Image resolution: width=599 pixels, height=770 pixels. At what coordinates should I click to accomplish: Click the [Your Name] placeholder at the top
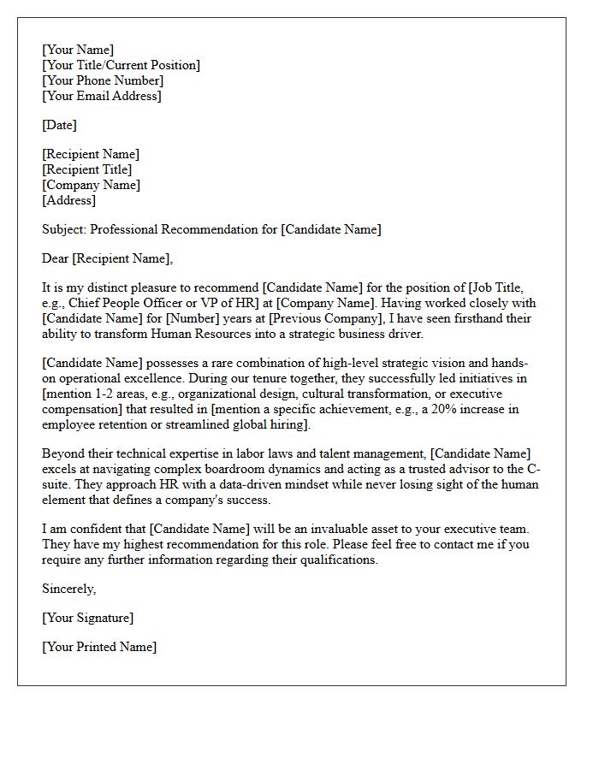pos(78,50)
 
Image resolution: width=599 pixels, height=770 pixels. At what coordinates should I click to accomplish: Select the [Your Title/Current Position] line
pos(121,65)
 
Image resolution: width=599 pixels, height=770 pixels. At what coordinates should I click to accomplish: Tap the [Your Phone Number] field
pos(103,80)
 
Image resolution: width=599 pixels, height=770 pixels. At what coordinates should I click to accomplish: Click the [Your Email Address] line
pos(101,96)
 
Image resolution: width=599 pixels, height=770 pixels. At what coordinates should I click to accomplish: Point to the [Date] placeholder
pos(59,125)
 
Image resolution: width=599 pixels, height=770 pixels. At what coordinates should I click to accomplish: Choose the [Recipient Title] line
pos(86,169)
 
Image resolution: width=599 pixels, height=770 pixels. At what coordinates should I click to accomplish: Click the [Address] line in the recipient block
pos(68,200)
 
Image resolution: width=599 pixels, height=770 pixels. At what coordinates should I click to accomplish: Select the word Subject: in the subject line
pos(64,229)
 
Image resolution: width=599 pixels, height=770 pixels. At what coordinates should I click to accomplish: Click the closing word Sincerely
pos(68,589)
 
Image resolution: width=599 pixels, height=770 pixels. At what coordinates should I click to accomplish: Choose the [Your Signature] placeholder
pos(87,618)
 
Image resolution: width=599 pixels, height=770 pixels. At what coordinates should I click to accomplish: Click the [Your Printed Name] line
pos(99,647)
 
